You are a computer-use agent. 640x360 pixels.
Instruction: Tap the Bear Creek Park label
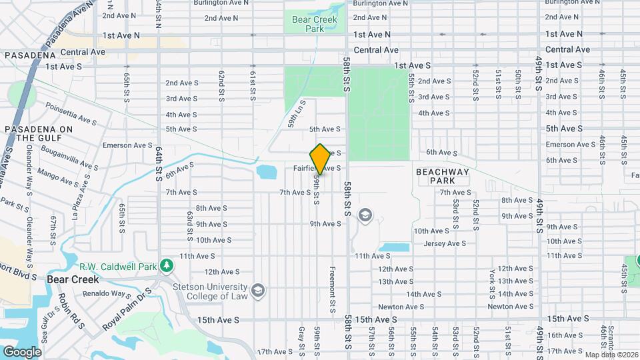pyautogui.click(x=315, y=24)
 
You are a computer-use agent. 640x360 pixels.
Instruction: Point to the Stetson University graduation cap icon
pyautogui.click(x=258, y=291)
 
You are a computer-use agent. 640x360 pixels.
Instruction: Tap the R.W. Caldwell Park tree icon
pyautogui.click(x=168, y=265)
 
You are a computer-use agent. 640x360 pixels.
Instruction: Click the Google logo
pyautogui.click(x=22, y=351)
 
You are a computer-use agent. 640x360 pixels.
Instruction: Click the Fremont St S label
pyautogui.click(x=332, y=290)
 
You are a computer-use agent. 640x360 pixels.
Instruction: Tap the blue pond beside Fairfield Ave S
pyautogui.click(x=266, y=172)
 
